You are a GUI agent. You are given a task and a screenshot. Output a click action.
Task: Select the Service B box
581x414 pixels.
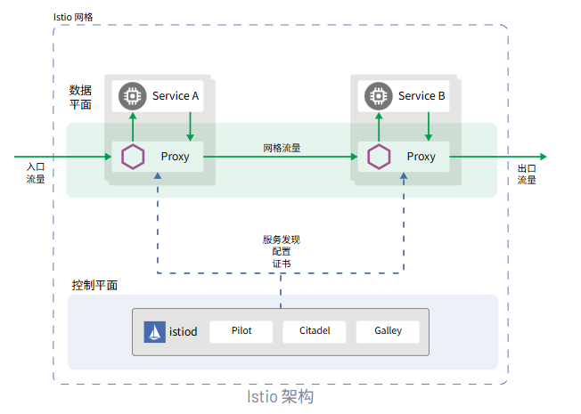click(x=405, y=96)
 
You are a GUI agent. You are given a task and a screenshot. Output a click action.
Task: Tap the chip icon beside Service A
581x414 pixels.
click(x=133, y=96)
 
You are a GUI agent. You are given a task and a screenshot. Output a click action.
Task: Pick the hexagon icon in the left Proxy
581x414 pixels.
click(x=133, y=157)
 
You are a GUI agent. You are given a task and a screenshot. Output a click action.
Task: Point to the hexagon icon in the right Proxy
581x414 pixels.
click(x=379, y=157)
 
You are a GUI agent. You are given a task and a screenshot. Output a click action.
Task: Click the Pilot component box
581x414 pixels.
click(x=241, y=331)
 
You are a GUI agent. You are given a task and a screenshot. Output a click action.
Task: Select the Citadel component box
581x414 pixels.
click(x=314, y=331)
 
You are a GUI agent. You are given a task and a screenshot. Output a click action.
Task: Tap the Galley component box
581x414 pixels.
click(x=388, y=331)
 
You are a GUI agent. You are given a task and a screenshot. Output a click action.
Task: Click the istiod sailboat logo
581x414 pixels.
click(x=155, y=331)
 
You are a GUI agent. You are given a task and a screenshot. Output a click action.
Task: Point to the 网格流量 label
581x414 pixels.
click(x=282, y=148)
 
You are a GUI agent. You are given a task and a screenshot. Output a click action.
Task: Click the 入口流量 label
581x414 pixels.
click(x=36, y=173)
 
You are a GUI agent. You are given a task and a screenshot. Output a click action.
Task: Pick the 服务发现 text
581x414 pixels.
click(x=281, y=239)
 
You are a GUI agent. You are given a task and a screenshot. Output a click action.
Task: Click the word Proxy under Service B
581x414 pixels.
click(x=421, y=157)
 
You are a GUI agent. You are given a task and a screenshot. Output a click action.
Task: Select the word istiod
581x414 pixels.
click(x=184, y=332)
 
